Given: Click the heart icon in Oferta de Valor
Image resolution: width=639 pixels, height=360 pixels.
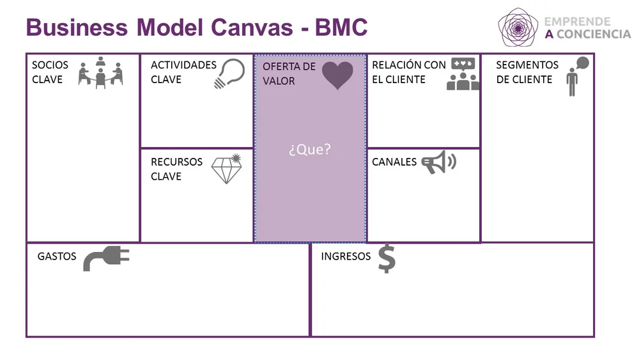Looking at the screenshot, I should point(337,75).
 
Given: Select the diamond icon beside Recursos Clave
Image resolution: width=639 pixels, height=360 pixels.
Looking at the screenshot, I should point(226,169).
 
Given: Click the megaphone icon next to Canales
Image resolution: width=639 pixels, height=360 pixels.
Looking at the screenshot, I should point(438,162).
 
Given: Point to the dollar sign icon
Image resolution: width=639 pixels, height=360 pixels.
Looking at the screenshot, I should point(386,258).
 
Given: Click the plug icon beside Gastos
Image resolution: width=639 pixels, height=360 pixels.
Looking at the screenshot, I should point(106,258).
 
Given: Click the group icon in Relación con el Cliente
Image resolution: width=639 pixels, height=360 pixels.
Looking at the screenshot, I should point(463,74).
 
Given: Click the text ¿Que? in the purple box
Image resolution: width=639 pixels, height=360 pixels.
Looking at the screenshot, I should point(310,150).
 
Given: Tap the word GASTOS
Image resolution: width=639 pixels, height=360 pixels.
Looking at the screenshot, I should point(57,256).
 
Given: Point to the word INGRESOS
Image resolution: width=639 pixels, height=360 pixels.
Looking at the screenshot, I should point(346,256).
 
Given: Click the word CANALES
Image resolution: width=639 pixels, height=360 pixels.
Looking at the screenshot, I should point(394,162).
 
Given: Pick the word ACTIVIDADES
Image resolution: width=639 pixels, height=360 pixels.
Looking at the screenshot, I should point(183,65).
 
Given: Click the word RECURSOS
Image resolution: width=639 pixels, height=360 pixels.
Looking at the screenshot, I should point(176,162).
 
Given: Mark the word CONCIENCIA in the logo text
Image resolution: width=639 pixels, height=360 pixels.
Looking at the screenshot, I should point(594,35).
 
